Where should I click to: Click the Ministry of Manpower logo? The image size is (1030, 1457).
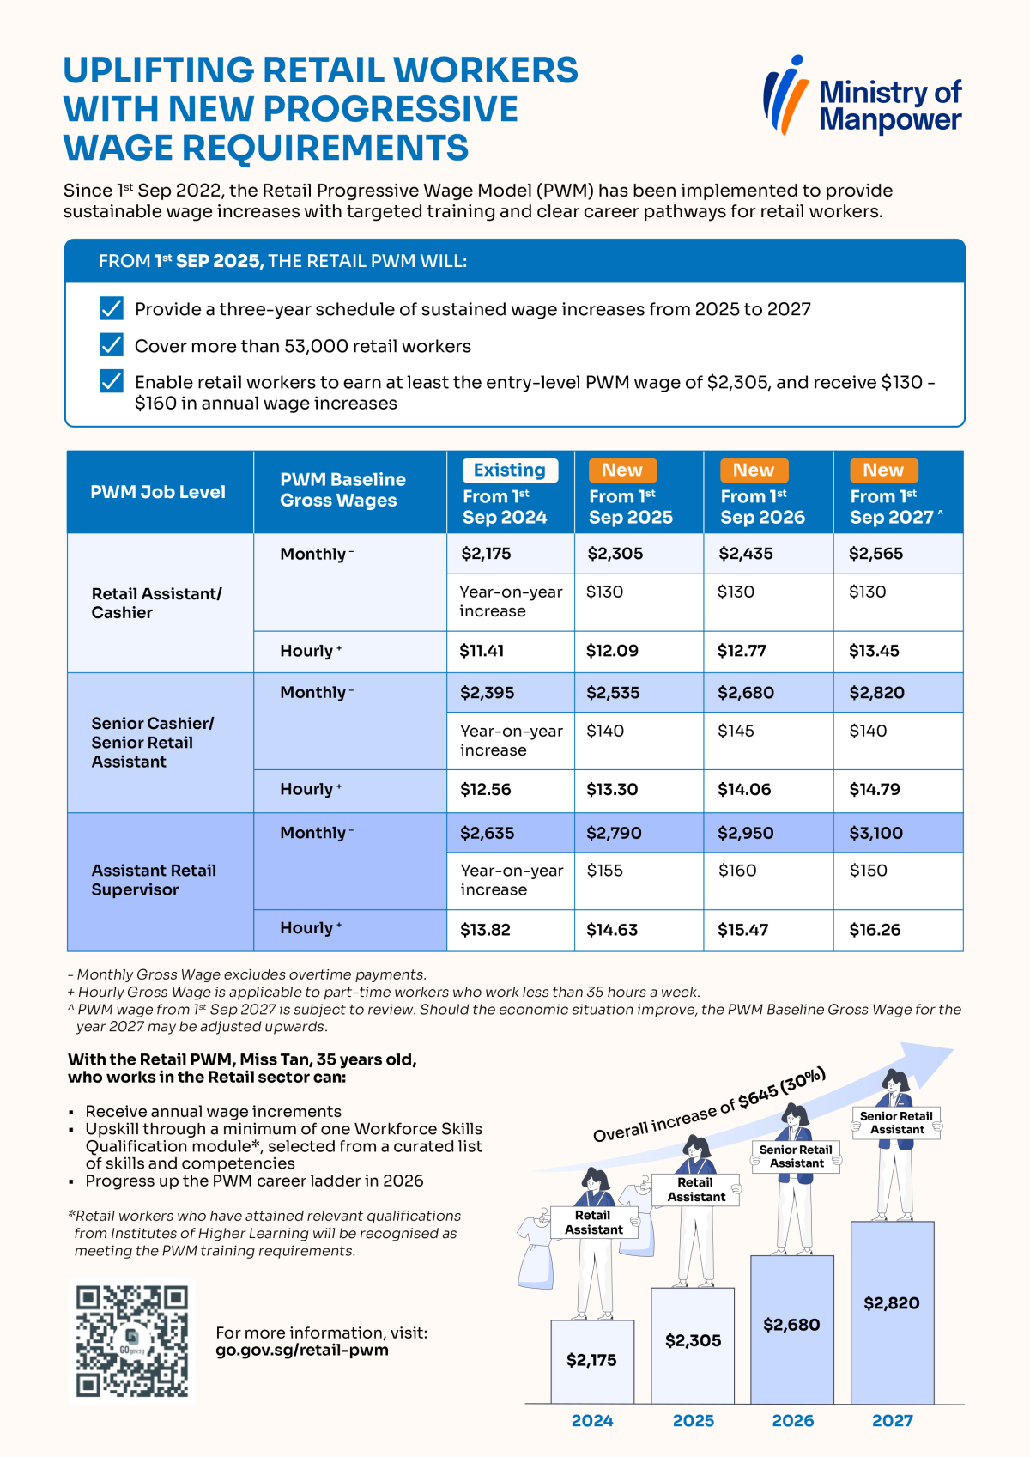[x=863, y=95]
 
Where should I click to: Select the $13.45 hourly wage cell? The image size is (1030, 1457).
[x=898, y=651]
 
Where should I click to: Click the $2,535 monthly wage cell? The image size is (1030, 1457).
[x=639, y=693]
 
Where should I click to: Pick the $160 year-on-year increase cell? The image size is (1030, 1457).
[x=768, y=881]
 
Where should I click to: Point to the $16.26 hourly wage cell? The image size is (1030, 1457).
[x=898, y=930]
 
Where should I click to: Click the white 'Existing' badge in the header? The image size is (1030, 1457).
[x=510, y=470]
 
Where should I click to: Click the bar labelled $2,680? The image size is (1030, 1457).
[x=792, y=1329]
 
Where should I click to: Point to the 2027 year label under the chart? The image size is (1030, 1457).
[x=892, y=1421]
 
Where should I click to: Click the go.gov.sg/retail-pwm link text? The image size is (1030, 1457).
[x=302, y=1351]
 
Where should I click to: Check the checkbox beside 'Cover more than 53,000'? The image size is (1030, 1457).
[x=112, y=345]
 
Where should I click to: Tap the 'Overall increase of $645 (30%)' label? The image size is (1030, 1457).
[x=710, y=1105]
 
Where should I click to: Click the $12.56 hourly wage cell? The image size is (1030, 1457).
[x=511, y=790]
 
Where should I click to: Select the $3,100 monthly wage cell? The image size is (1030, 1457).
[x=898, y=833]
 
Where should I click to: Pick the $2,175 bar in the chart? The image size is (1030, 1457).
[x=592, y=1362]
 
